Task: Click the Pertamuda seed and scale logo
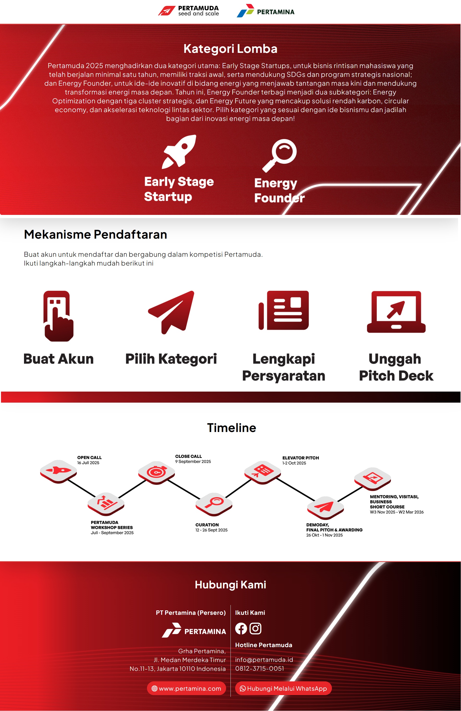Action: (188, 11)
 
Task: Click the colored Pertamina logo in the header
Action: (266, 11)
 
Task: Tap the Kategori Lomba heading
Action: (230, 49)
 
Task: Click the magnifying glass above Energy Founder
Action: (279, 155)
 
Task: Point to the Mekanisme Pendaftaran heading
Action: (95, 234)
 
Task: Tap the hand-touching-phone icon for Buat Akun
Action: (58, 316)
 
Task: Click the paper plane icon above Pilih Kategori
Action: (171, 312)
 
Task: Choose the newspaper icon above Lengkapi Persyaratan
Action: (283, 310)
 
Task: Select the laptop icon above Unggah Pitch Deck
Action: (396, 312)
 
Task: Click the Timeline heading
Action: (232, 428)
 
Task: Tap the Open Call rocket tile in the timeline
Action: (58, 471)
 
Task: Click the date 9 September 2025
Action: (193, 462)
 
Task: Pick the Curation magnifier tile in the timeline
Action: (214, 504)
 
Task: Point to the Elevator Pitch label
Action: (301, 458)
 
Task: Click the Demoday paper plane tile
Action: (325, 508)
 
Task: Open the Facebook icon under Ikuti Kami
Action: (241, 629)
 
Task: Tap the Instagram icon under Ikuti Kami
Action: (255, 629)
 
